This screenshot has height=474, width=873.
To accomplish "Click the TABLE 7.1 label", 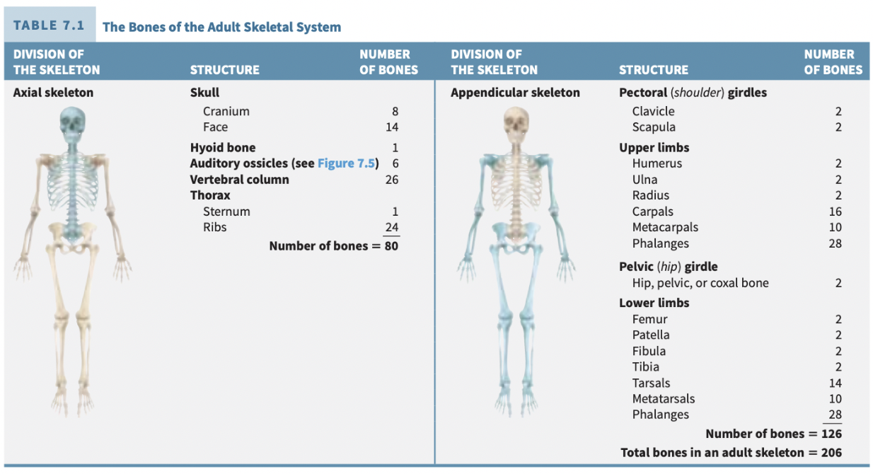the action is pyautogui.click(x=49, y=25).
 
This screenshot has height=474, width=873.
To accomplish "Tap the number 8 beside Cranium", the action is pyautogui.click(x=395, y=111).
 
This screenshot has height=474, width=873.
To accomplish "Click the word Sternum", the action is pyautogui.click(x=226, y=212).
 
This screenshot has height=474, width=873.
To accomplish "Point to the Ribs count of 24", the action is pyautogui.click(x=391, y=228).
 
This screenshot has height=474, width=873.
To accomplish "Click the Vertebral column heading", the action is pyautogui.click(x=239, y=180).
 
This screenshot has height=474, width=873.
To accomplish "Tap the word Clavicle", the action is pyautogui.click(x=653, y=111).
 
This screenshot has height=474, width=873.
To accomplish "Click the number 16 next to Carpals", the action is pyautogui.click(x=835, y=212).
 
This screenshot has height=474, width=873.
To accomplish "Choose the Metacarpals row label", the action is pyautogui.click(x=665, y=228).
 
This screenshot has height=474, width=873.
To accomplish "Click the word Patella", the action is pyautogui.click(x=651, y=335).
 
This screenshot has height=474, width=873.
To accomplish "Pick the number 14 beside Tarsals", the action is pyautogui.click(x=835, y=383).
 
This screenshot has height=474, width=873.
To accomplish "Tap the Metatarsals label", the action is pyautogui.click(x=664, y=399).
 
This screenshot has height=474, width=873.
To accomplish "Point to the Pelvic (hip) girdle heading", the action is pyautogui.click(x=668, y=267).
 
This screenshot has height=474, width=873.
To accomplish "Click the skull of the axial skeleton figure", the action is pyautogui.click(x=71, y=123).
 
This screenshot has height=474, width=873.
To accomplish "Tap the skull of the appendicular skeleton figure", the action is pyautogui.click(x=516, y=124).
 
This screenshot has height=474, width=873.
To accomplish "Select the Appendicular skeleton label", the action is pyautogui.click(x=515, y=93).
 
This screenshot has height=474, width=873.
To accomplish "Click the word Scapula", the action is pyautogui.click(x=654, y=127).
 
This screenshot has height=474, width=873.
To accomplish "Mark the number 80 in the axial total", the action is pyautogui.click(x=391, y=246).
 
